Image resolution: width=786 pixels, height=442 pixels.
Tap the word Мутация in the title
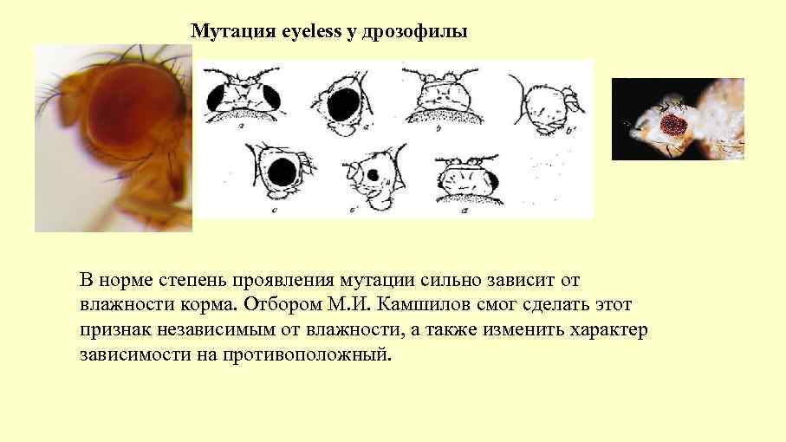tap(233, 32)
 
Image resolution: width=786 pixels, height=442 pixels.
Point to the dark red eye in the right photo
tap(672, 125)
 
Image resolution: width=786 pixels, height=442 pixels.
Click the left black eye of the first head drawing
tap(217, 97)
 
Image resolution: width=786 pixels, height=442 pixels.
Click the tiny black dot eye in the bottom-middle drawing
tap(373, 174)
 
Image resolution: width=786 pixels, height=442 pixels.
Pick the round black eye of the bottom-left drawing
tap(281, 173)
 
